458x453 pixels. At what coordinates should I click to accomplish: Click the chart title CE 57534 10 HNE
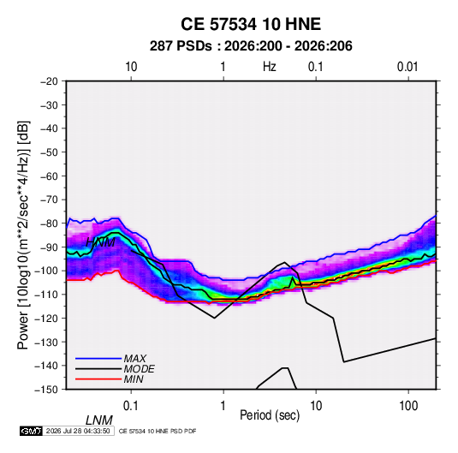pyautogui.click(x=251, y=24)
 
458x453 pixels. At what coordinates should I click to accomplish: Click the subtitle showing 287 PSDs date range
pyautogui.click(x=251, y=46)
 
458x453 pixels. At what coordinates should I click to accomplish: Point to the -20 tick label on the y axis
pyautogui.click(x=49, y=81)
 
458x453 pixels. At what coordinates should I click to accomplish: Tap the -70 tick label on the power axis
pyautogui.click(x=49, y=200)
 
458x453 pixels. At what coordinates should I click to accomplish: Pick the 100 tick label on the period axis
pyautogui.click(x=408, y=406)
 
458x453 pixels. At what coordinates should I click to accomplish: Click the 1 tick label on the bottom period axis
pyautogui.click(x=223, y=406)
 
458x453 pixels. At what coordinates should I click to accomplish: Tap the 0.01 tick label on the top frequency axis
pyautogui.click(x=407, y=67)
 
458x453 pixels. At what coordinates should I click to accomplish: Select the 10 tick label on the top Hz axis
pyautogui.click(x=131, y=67)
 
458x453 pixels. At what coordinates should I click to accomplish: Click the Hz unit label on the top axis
pyautogui.click(x=270, y=67)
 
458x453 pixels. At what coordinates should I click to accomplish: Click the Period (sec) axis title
pyautogui.click(x=270, y=415)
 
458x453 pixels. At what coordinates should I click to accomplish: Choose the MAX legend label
pyautogui.click(x=135, y=358)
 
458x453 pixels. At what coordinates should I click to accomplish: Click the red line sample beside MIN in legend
pyautogui.click(x=98, y=379)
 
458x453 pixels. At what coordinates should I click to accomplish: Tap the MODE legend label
pyautogui.click(x=139, y=369)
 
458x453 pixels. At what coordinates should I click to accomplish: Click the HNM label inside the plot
pyautogui.click(x=100, y=242)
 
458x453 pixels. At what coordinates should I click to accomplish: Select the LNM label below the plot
pyautogui.click(x=99, y=420)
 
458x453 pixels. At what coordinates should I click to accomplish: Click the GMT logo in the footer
pyautogui.click(x=32, y=431)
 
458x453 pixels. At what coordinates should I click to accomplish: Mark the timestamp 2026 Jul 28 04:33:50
pyautogui.click(x=78, y=431)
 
